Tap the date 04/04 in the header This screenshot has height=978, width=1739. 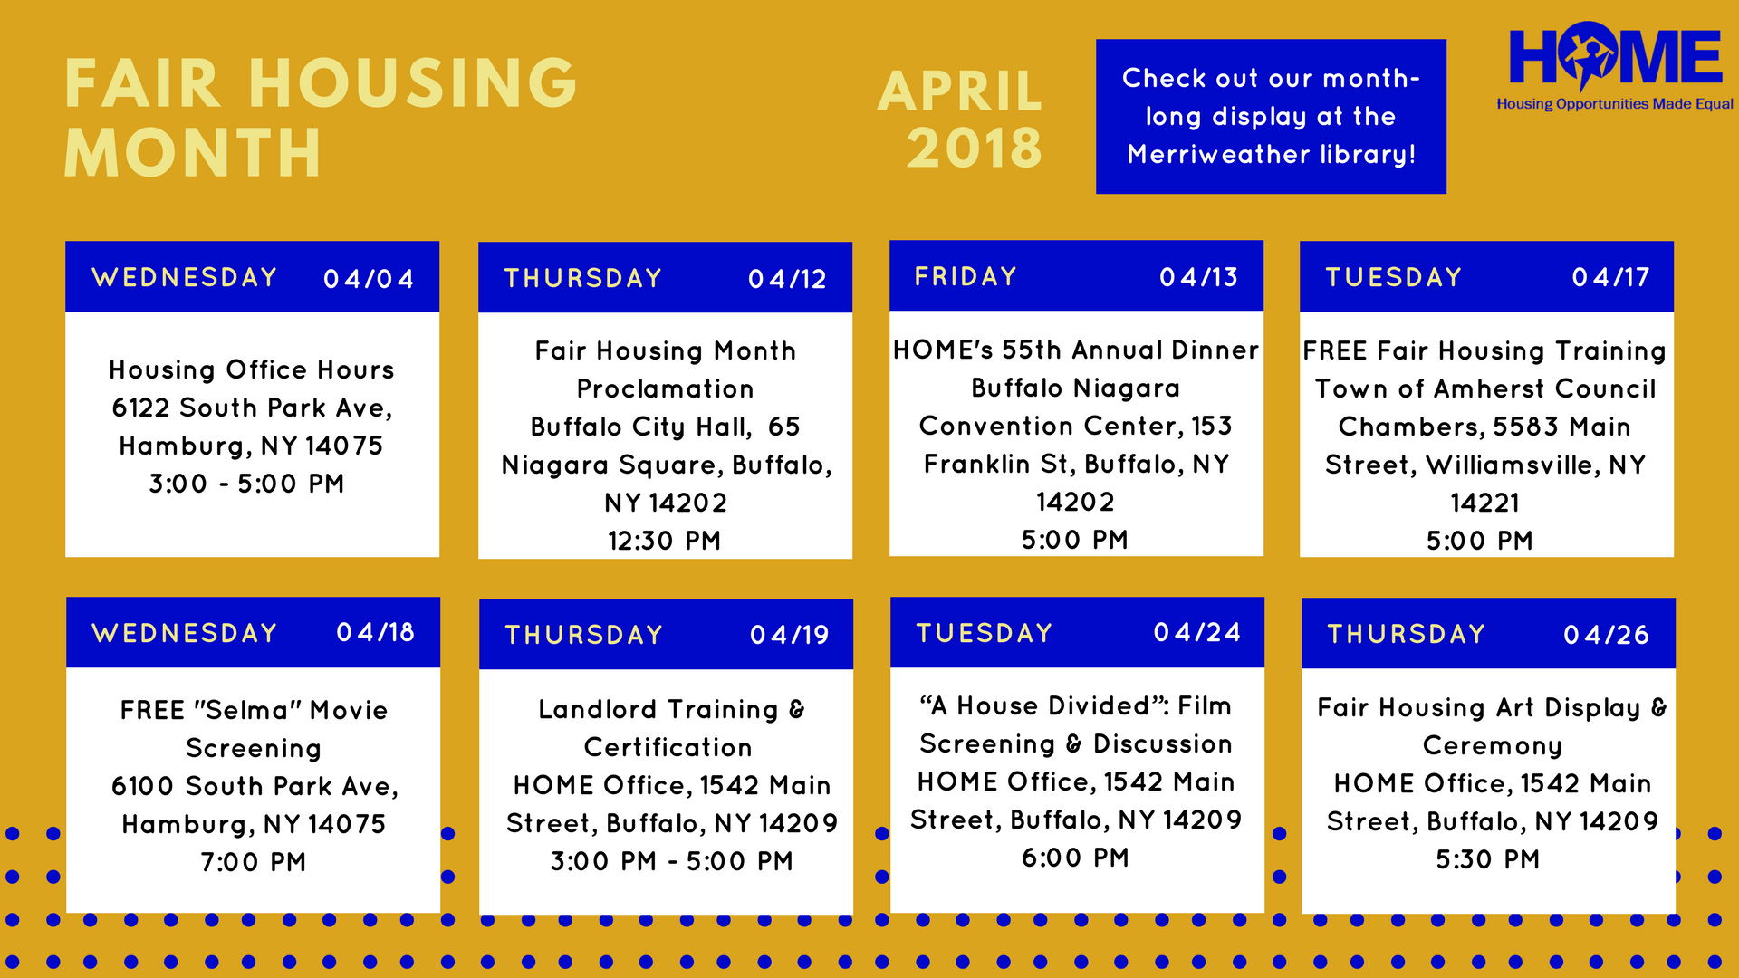pos(369,279)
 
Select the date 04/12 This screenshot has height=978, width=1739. pos(787,279)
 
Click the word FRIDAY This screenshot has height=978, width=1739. pos(966,276)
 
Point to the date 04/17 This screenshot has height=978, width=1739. pos(1610,277)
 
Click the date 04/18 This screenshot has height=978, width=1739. pos(375,632)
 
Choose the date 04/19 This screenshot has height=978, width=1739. pos(789,635)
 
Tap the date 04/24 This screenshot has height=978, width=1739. pos(1196,632)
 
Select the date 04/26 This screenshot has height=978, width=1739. pos(1606,635)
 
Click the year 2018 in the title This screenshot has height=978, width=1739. pos(975,148)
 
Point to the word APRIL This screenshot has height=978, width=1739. pos(960,91)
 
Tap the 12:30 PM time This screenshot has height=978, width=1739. pos(664,541)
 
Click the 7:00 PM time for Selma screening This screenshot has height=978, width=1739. pos(254,862)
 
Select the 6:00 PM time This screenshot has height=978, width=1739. pos(1075,858)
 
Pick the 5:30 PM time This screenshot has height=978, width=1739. pos(1487,859)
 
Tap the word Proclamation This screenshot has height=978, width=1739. pos(666,388)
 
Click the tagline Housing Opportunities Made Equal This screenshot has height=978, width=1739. pos(1615,104)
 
